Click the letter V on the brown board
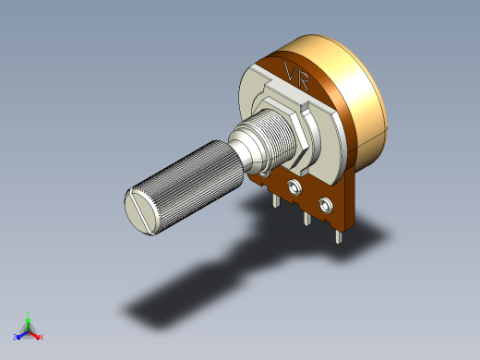(x=290, y=71)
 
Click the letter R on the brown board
(x=302, y=80)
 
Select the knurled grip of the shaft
(x=182, y=185)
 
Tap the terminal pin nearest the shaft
(x=276, y=200)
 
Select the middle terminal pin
(x=306, y=218)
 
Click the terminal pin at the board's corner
(x=338, y=236)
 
